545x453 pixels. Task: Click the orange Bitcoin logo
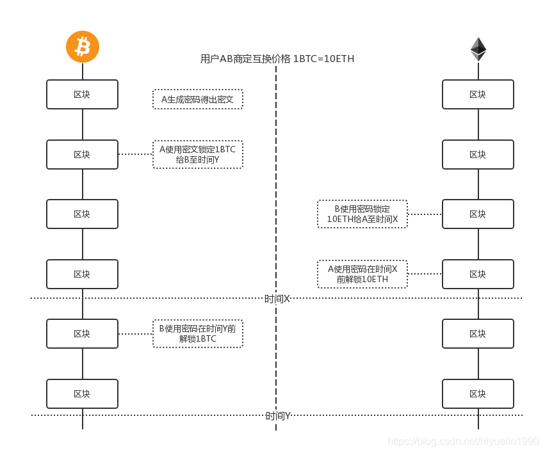(x=83, y=47)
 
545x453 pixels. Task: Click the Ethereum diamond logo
(x=478, y=49)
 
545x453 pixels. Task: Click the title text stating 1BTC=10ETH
(x=277, y=59)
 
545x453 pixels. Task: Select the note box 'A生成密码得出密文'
(x=197, y=99)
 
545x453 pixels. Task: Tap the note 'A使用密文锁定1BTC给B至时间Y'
(x=197, y=154)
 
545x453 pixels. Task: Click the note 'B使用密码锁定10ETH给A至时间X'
(x=362, y=214)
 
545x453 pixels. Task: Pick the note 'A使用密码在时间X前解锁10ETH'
(x=362, y=274)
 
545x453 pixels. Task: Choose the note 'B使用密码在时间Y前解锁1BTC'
(x=197, y=333)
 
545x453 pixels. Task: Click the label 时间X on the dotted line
(x=277, y=299)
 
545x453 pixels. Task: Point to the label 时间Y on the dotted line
(x=277, y=416)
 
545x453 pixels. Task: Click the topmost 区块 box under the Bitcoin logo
(x=82, y=94)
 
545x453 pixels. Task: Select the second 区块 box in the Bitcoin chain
(x=82, y=154)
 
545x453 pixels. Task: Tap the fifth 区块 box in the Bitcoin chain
(x=82, y=333)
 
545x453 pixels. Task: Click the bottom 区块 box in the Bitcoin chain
(x=82, y=393)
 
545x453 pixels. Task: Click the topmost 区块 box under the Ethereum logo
(x=478, y=94)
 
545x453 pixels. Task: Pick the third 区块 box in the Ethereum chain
(x=478, y=214)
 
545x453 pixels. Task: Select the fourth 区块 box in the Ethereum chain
(x=478, y=274)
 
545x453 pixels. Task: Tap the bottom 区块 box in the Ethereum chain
(x=478, y=393)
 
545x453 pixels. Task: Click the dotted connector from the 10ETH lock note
(x=425, y=214)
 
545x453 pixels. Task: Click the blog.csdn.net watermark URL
(x=463, y=441)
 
